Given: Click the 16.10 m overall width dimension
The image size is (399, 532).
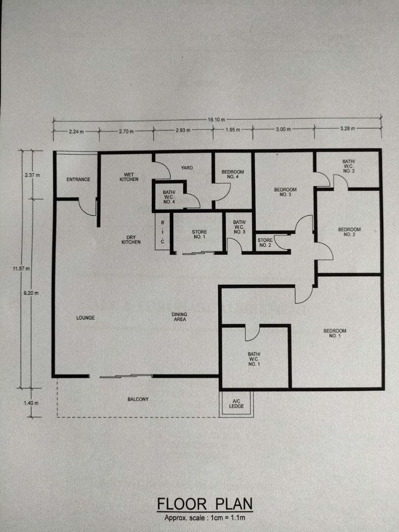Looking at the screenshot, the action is point(216,119).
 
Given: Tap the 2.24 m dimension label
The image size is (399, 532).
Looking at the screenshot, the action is point(76,132).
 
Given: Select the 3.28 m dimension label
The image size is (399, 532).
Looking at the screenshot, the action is point(347,129).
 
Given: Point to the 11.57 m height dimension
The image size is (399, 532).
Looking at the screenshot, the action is point(21,269).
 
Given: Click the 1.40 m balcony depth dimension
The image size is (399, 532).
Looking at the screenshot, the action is point(31,403).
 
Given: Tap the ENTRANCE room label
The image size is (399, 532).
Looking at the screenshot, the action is point(78,179).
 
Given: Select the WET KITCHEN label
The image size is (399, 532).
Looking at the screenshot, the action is point(129,177).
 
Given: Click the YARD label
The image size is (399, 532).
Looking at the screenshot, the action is point(187,167).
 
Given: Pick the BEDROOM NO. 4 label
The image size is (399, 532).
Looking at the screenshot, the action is point(233,174).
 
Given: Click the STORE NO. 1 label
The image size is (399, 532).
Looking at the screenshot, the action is point(199,234).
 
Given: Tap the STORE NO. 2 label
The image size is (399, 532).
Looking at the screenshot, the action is point(265,242).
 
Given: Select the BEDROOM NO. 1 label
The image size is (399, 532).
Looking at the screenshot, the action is point(334,333).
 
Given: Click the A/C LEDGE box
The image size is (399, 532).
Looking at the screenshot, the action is point(236,403).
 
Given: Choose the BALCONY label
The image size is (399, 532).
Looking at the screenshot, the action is point(138,399).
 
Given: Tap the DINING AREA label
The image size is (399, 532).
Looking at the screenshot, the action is point(179,317).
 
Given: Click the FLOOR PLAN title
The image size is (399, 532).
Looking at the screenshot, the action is point(205,504).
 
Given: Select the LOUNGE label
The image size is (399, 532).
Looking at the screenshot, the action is point(86,318).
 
